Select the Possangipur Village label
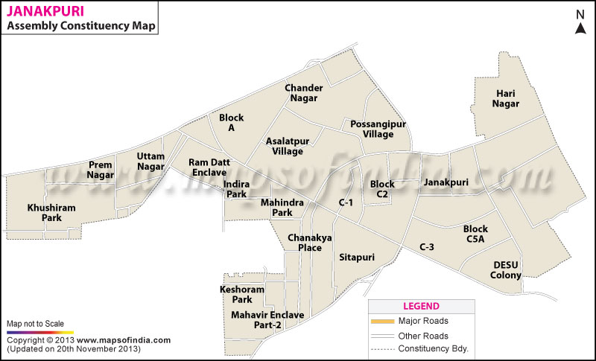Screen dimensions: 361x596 tap(367, 129)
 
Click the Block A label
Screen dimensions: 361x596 tap(231, 123)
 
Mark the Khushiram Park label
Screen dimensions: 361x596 tap(51, 213)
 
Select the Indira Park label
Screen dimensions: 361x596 tap(236, 189)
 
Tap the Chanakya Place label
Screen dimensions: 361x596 tap(305, 243)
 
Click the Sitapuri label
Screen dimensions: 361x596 tap(356, 258)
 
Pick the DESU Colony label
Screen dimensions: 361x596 tap(506, 270)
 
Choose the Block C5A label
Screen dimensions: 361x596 tap(475, 234)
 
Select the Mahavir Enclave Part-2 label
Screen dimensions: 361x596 tap(267, 320)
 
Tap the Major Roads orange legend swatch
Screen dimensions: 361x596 tap(381, 321)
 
